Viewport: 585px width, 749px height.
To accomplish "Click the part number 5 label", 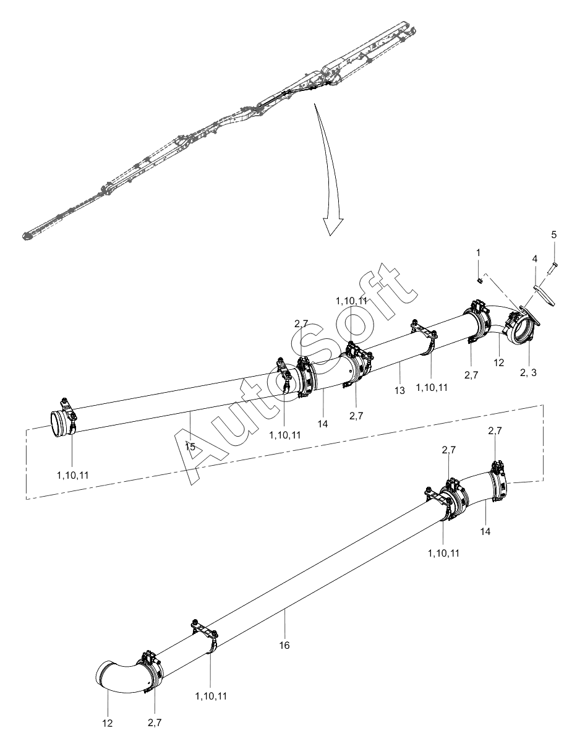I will (x=553, y=234).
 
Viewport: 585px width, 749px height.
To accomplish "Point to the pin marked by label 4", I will (x=544, y=294).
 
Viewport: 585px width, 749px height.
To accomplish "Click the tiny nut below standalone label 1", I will (x=479, y=280).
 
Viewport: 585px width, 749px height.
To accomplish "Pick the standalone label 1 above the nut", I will (x=478, y=253).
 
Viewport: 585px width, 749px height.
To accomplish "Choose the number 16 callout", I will (x=284, y=644).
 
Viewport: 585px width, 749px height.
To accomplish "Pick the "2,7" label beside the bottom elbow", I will (x=155, y=721).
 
